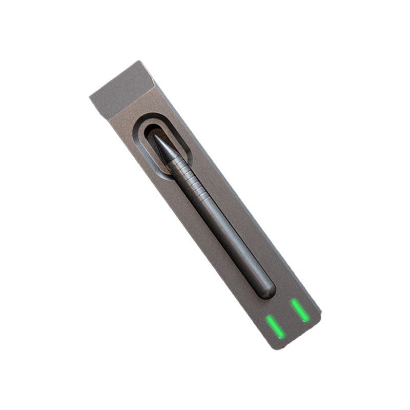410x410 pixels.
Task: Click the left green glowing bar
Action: coord(275,326)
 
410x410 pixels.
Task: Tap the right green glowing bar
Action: coord(300,310)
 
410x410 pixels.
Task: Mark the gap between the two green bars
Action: coord(288,318)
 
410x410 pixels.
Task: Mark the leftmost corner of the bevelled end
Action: coord(90,96)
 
